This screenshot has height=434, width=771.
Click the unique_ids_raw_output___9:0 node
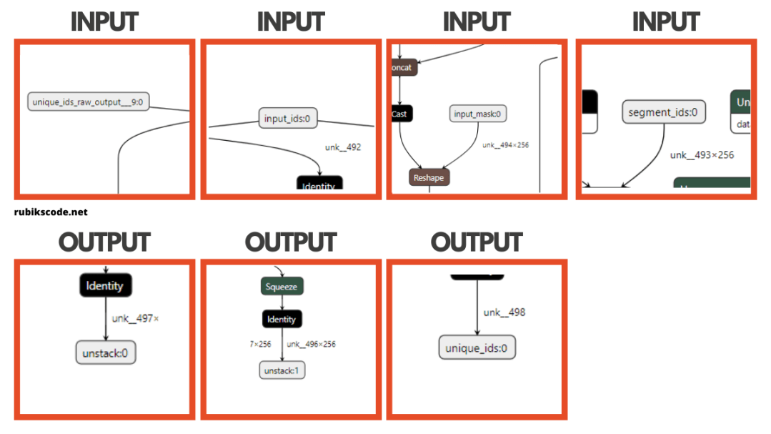click(88, 102)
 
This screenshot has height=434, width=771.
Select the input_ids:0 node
click(288, 119)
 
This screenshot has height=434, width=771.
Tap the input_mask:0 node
click(478, 114)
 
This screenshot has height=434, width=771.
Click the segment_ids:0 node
click(664, 112)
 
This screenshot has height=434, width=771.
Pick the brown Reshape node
click(429, 177)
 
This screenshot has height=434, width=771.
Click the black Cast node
click(401, 113)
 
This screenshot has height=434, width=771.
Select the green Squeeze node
click(282, 287)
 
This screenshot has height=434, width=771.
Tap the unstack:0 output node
click(106, 352)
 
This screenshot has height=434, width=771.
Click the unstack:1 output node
click(282, 370)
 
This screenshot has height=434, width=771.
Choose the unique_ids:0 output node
click(477, 348)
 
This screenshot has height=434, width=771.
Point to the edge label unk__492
click(343, 147)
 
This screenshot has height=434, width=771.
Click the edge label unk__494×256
click(505, 145)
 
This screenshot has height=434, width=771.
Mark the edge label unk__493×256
click(702, 154)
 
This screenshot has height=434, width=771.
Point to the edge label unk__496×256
click(311, 344)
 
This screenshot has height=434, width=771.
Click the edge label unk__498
click(504, 312)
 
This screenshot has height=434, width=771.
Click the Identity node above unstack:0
click(106, 286)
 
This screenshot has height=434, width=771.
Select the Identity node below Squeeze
click(282, 318)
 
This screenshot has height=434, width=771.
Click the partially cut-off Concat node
click(402, 68)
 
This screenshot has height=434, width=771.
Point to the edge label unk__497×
click(135, 318)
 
